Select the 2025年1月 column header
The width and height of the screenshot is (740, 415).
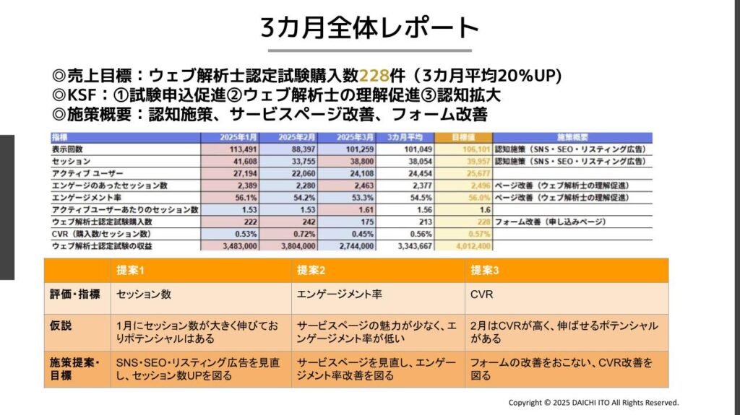[239, 137]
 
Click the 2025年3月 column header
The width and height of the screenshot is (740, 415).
[356, 137]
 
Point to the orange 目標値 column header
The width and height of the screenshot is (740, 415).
[462, 137]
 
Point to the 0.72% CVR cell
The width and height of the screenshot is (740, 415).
[304, 234]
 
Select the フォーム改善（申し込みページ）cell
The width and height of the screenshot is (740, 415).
[550, 222]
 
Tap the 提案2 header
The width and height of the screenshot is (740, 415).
[310, 271]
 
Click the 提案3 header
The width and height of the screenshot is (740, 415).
[483, 271]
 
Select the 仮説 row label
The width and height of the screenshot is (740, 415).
[61, 326]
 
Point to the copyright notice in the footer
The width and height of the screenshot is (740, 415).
[593, 402]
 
